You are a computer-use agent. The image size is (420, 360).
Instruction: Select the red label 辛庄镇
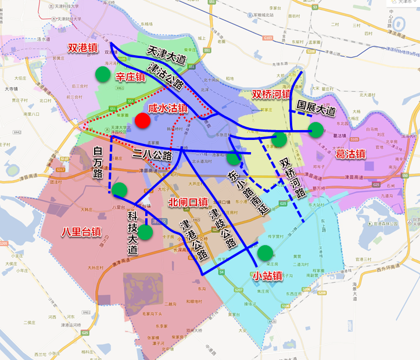click(x=130, y=77)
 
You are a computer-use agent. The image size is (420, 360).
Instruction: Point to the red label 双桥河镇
click(x=271, y=94)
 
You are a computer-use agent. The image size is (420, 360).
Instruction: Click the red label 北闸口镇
click(x=188, y=203)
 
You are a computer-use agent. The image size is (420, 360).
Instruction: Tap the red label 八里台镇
click(x=81, y=232)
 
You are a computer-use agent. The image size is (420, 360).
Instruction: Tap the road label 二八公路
click(x=152, y=155)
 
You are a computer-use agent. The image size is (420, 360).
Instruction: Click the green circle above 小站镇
click(x=265, y=253)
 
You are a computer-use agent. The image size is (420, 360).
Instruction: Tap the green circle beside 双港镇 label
click(x=102, y=74)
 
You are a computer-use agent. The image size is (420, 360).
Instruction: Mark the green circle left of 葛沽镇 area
click(x=316, y=129)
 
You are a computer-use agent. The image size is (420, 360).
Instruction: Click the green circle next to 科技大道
click(x=145, y=232)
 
